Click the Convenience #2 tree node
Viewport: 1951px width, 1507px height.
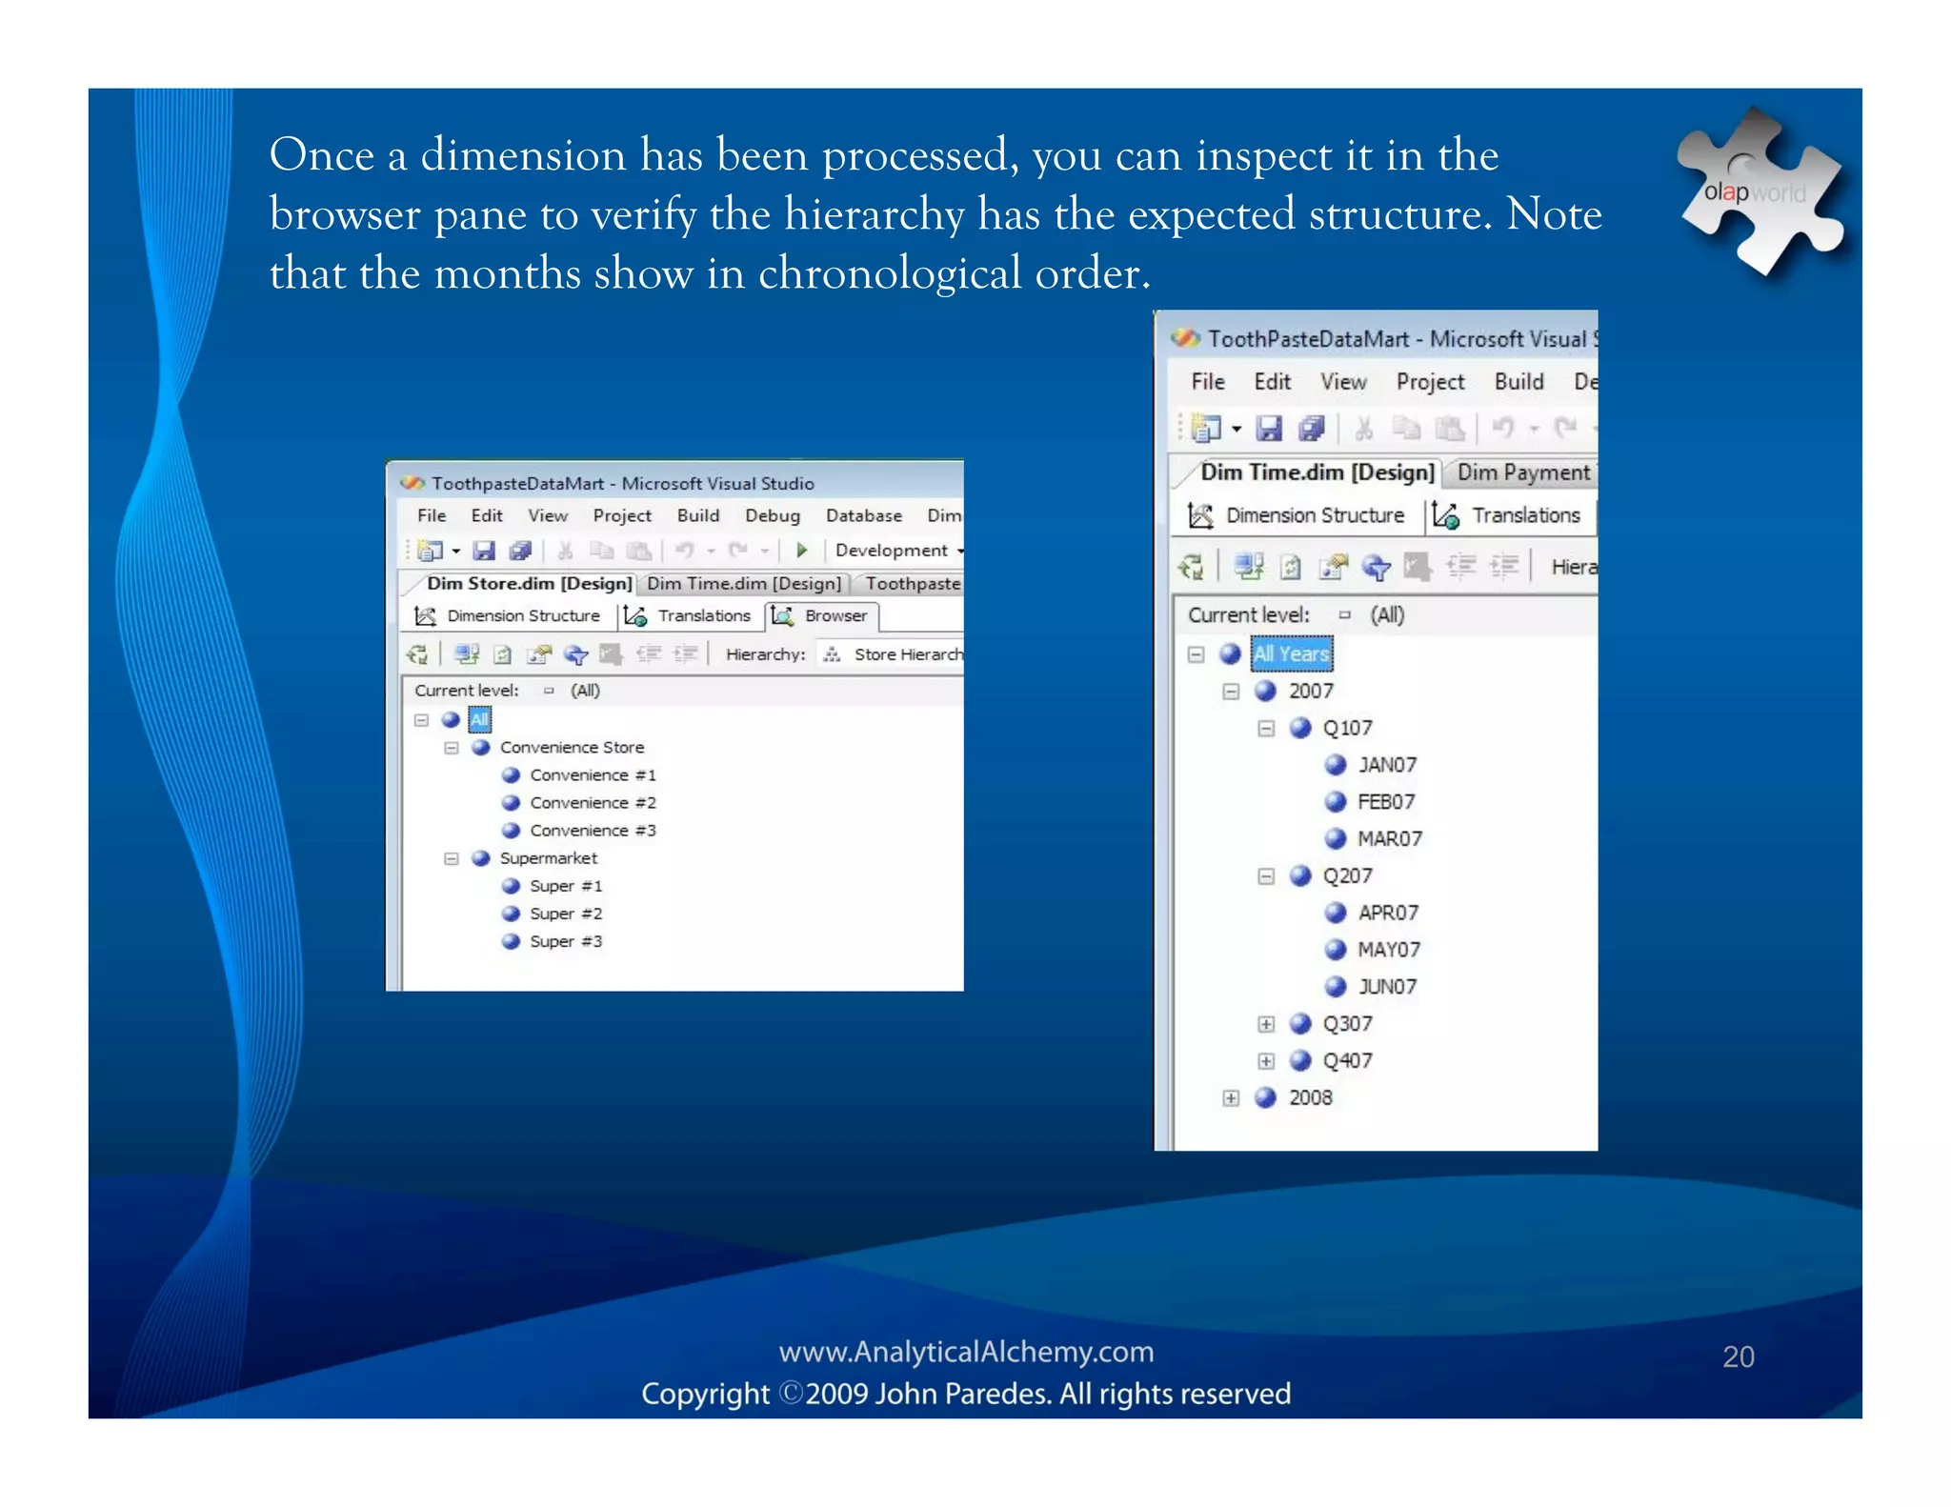tap(593, 803)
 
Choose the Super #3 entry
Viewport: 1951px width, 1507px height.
tap(566, 941)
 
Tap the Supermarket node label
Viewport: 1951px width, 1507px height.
tap(548, 858)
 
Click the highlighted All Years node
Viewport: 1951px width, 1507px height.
tap(1291, 653)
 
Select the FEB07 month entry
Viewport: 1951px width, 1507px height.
tap(1386, 802)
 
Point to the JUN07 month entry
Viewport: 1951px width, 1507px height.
tap(1387, 987)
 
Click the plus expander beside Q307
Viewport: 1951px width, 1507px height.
tap(1266, 1025)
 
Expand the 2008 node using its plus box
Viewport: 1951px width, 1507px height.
tap(1231, 1098)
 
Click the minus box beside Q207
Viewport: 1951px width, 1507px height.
tap(1266, 876)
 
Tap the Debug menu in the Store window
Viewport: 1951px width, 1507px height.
tap(772, 515)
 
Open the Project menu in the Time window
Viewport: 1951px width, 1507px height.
tap(1430, 382)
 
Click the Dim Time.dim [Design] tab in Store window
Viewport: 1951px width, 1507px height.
tap(744, 583)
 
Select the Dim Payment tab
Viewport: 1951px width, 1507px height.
tap(1522, 472)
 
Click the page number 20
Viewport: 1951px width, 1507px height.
tap(1739, 1356)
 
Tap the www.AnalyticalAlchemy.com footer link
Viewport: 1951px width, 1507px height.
tap(966, 1352)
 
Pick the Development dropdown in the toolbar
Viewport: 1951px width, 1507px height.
tap(896, 551)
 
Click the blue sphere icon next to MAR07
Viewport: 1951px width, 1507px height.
tap(1337, 838)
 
